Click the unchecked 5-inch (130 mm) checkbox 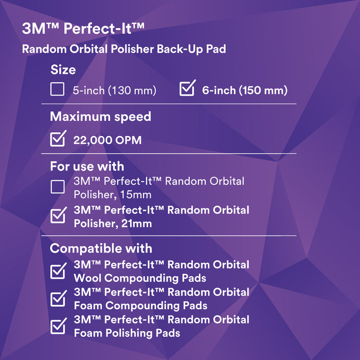coord(58,89)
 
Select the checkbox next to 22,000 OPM coord(58,139)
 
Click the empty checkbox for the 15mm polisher coord(58,187)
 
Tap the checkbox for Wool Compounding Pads coord(58,271)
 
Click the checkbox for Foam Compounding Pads coord(58,298)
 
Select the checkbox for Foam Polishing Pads coord(58,326)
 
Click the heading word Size coord(63,70)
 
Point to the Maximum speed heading coord(100,117)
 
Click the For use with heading coord(87,167)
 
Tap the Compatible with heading coord(101,248)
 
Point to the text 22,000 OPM coord(107,140)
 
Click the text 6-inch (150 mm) coord(244,91)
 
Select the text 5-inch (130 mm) coord(114,91)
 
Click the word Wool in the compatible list coord(88,278)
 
